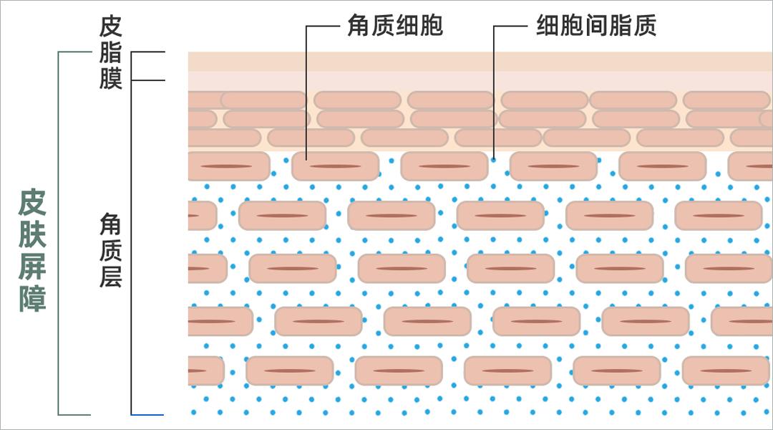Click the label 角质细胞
[x=395, y=27]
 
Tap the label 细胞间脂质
[x=596, y=27]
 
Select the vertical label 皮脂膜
[x=111, y=53]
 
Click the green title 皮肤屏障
[x=33, y=250]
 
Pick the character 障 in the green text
[x=33, y=298]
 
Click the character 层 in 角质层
[x=111, y=277]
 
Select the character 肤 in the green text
[x=33, y=234]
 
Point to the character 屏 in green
[x=33, y=267]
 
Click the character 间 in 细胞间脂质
[x=596, y=27]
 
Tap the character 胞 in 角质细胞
[x=432, y=27]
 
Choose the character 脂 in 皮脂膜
[x=111, y=54]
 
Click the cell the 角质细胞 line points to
[x=335, y=166]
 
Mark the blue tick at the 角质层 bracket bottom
[x=147, y=414]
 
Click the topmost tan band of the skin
[x=480, y=62]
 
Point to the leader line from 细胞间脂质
[x=494, y=86]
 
